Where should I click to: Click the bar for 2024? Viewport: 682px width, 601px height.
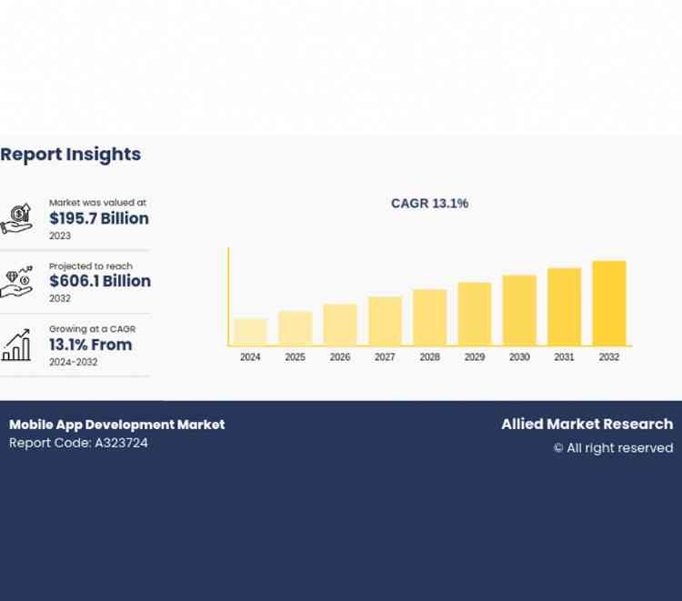250,332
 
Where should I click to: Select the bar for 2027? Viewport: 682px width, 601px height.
385,321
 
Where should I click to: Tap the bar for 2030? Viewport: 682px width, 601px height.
519,310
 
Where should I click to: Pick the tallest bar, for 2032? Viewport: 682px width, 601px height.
609,303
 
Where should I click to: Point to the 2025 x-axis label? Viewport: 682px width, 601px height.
295,357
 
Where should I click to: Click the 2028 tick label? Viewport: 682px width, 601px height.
429,357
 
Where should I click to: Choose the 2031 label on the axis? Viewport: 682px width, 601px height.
564,357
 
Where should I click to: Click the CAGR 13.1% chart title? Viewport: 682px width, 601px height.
429,204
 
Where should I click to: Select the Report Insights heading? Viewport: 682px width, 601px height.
71,155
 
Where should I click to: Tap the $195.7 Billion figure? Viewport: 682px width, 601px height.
99,218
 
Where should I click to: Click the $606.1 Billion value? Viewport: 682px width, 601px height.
100,281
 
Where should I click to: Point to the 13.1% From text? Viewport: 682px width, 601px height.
90,345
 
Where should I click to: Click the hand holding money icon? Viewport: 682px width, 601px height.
16,219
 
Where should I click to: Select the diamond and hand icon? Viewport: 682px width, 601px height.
16,282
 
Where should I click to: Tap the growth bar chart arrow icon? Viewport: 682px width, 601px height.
16,346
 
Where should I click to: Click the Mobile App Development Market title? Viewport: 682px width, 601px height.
116,425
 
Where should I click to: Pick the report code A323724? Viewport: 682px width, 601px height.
78,444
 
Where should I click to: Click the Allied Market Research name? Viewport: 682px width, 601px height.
587,425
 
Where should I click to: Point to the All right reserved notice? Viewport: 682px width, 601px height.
613,448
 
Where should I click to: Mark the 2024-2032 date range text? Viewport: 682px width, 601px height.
74,362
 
